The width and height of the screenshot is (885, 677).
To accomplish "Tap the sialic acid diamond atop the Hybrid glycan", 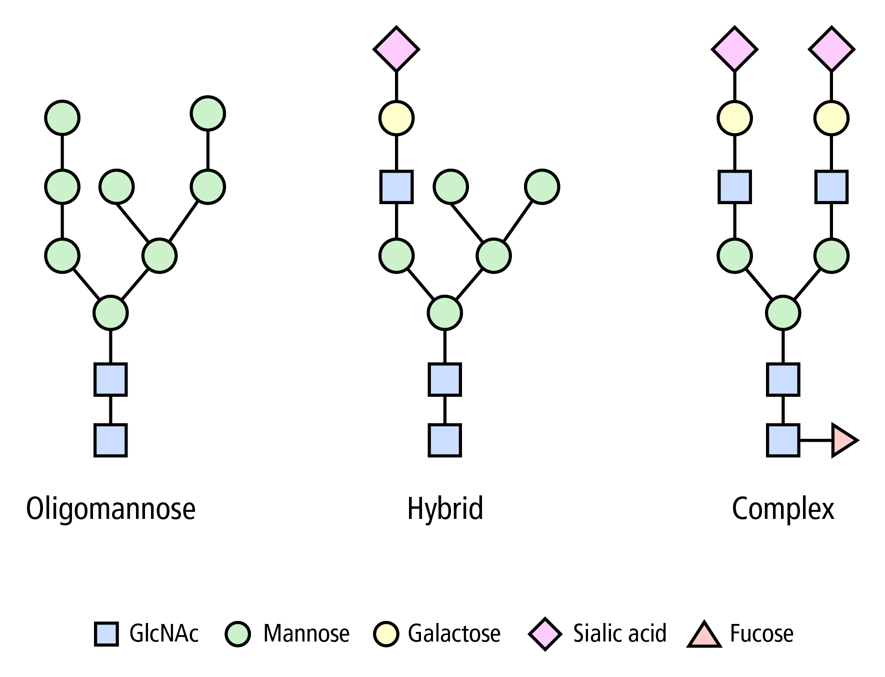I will pos(396,49).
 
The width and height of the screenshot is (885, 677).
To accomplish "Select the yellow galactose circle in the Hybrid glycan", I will pos(396,118).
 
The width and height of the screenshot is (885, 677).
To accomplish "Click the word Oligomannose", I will pos(110,509).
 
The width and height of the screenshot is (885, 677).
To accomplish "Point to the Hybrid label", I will pos(445,509).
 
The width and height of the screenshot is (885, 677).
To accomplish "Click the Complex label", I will pos(783,509).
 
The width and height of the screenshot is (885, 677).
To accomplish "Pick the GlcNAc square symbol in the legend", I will pos(106,634).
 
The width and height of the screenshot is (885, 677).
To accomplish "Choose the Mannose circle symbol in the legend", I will pos(238,634).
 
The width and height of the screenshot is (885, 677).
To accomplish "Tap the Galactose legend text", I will pos(454,633).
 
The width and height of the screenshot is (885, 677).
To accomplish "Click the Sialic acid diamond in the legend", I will pos(545,634).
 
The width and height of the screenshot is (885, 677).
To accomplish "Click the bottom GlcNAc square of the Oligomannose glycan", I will pos(110,440).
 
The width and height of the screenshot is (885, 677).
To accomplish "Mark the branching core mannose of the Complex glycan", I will pos(783,313).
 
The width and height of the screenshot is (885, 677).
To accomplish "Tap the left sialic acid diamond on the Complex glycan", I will pos(734,49).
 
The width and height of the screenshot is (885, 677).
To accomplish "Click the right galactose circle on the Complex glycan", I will pos(831,118).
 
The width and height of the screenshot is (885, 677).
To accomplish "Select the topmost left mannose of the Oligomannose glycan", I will pos(62,118).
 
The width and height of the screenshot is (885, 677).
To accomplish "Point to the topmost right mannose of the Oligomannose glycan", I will pos(207,113).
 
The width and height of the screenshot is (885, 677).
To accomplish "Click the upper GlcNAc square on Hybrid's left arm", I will pos(396,187).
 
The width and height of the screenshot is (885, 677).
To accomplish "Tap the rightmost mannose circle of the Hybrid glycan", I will pos(542,187).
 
